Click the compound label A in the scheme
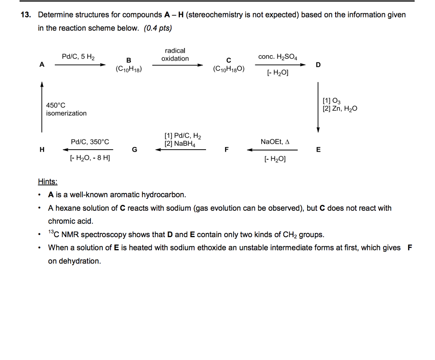pos(42,65)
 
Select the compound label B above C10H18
pos(129,60)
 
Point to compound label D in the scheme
pos(318,65)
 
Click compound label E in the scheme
pos(318,150)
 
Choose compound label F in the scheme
pos(226,150)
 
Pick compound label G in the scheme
pos(135,150)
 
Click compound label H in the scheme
pos(42,150)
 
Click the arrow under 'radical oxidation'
pos(178,65)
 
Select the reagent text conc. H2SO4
pos(278,57)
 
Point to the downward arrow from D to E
pos(318,108)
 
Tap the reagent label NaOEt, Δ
pos(275,142)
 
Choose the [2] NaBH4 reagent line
pos(180,144)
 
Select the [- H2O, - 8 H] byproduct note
pos(90,159)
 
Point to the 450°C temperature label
pos(56,105)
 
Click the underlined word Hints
pos(48,182)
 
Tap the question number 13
pos(26,15)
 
